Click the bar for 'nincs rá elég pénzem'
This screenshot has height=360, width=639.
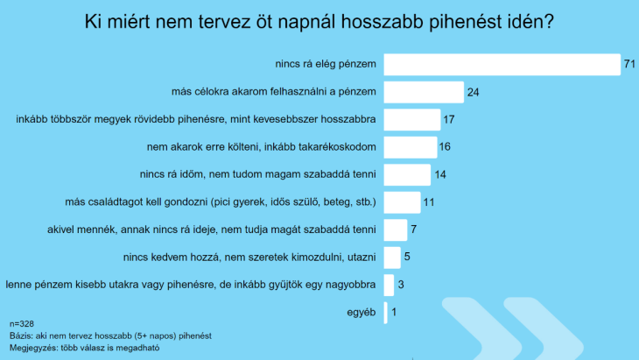(x=502, y=65)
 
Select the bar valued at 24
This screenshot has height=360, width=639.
(x=424, y=92)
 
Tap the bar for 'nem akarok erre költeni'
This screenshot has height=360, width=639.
(x=410, y=147)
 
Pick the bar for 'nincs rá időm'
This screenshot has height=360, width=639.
(x=407, y=174)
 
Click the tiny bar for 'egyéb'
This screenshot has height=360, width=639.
(x=386, y=312)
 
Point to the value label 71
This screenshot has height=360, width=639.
(x=628, y=65)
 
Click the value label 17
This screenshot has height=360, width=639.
(x=449, y=120)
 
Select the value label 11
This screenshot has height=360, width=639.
(x=429, y=202)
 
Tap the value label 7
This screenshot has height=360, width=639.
(x=414, y=229)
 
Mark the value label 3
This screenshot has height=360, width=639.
(x=400, y=285)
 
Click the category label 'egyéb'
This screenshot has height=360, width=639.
(x=362, y=312)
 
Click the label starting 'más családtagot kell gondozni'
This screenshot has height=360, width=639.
(x=221, y=202)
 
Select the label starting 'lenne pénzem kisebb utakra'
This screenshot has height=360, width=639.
(x=191, y=285)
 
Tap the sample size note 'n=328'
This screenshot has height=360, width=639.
(x=22, y=324)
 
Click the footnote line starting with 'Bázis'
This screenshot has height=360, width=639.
(x=111, y=335)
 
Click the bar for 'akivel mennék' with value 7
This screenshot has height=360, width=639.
(x=396, y=229)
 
